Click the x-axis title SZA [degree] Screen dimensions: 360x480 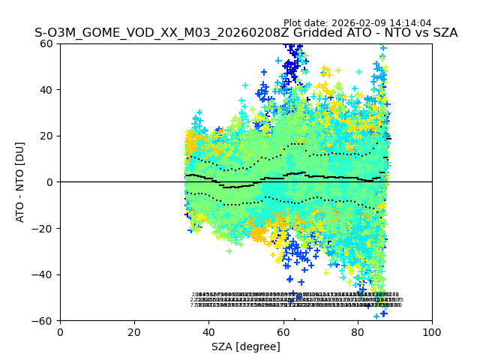[246, 346]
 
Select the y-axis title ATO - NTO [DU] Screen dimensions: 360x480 [20, 182]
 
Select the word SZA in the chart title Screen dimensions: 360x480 [443, 33]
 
